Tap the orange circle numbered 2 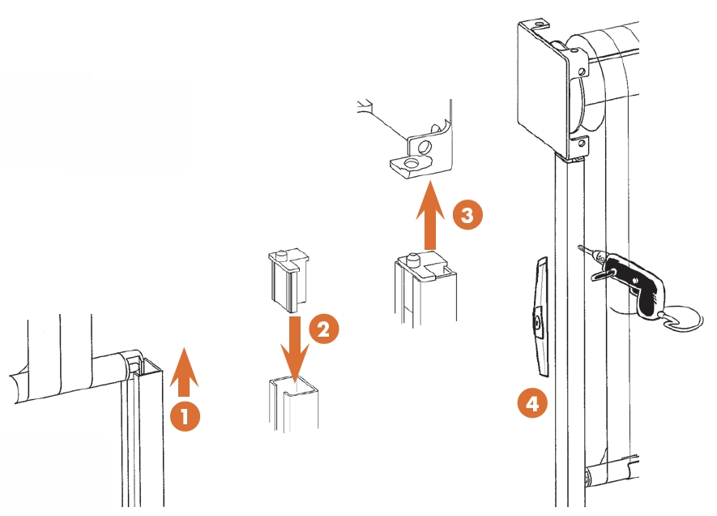point(323,329)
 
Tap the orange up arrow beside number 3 point(429,217)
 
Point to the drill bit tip point(581,248)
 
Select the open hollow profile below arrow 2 point(292,402)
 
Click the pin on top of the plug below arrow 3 point(413,260)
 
